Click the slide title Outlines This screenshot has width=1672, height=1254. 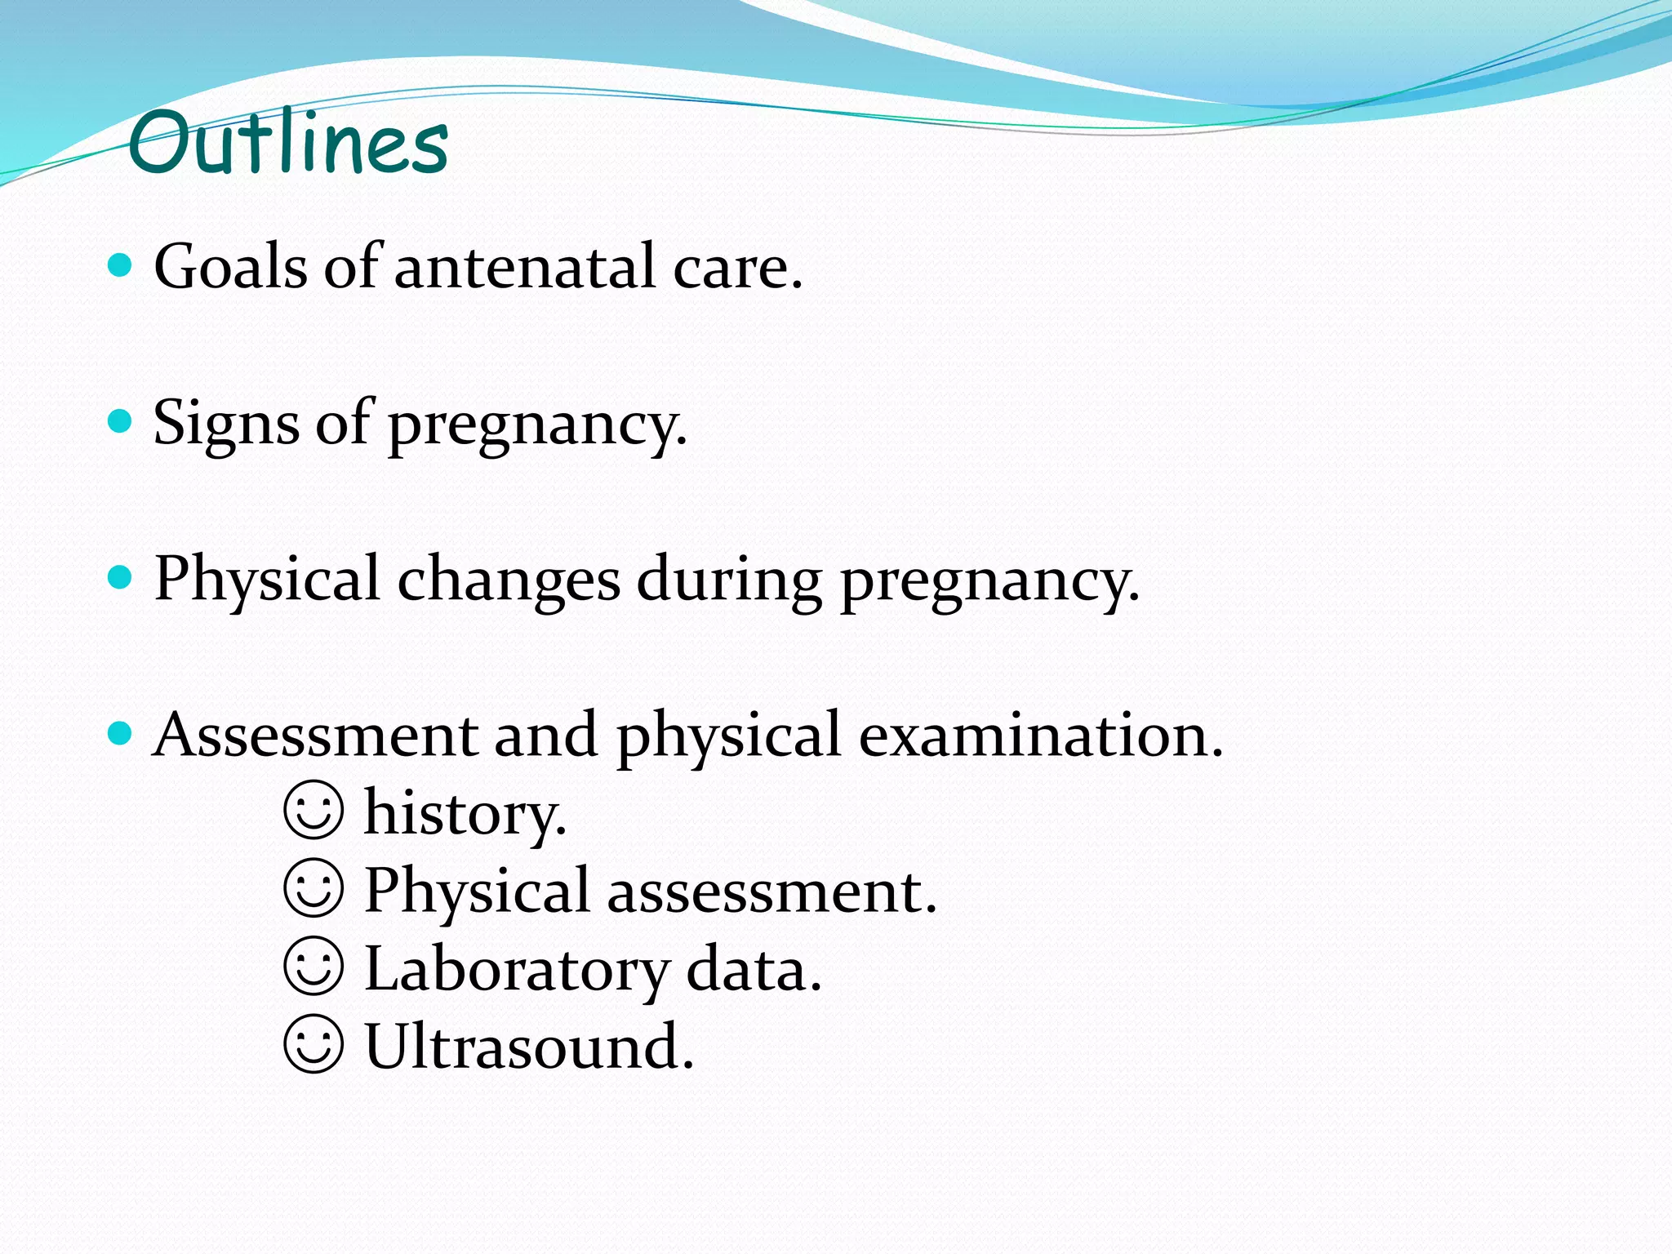[x=287, y=143]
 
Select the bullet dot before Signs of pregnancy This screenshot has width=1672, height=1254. [x=120, y=421]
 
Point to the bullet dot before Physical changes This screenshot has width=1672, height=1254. [x=120, y=577]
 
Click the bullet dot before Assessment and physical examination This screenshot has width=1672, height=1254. [x=120, y=733]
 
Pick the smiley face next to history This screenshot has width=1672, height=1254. [x=313, y=811]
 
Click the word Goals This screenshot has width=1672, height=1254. [x=231, y=267]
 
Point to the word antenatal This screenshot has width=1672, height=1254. [x=525, y=267]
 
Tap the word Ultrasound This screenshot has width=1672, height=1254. [x=527, y=1046]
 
